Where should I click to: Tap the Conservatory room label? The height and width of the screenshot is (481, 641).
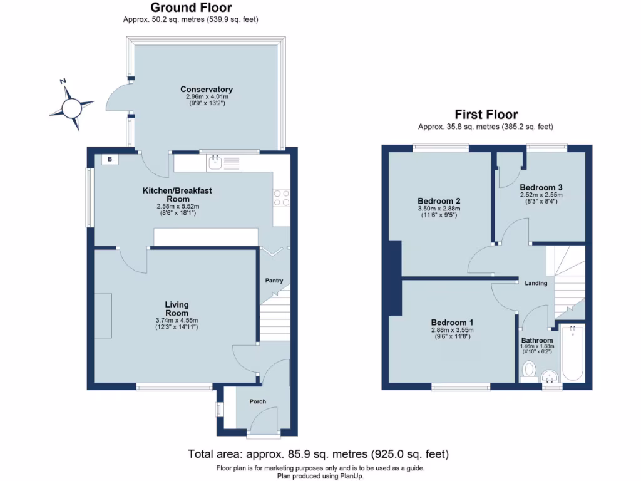[x=206, y=90]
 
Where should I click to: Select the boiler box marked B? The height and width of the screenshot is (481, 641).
[x=110, y=160]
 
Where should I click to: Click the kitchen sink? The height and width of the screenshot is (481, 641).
[x=215, y=163]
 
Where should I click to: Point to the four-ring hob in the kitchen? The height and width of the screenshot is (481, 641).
[x=281, y=198]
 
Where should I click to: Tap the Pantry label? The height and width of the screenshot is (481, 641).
[x=274, y=281]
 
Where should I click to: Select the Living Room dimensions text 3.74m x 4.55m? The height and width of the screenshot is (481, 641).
[x=177, y=321]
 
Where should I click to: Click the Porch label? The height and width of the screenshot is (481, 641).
[x=257, y=401]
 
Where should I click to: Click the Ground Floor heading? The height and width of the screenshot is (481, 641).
[x=191, y=8]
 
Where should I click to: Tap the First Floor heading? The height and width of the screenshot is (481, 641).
[x=486, y=115]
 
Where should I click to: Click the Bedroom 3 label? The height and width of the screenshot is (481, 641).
[x=541, y=187]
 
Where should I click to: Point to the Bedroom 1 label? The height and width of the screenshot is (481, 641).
[x=452, y=323]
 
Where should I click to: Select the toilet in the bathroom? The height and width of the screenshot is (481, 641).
[x=529, y=370]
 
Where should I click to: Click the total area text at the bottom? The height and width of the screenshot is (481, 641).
[x=318, y=453]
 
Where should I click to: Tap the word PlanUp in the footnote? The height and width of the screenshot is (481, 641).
[x=349, y=476]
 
